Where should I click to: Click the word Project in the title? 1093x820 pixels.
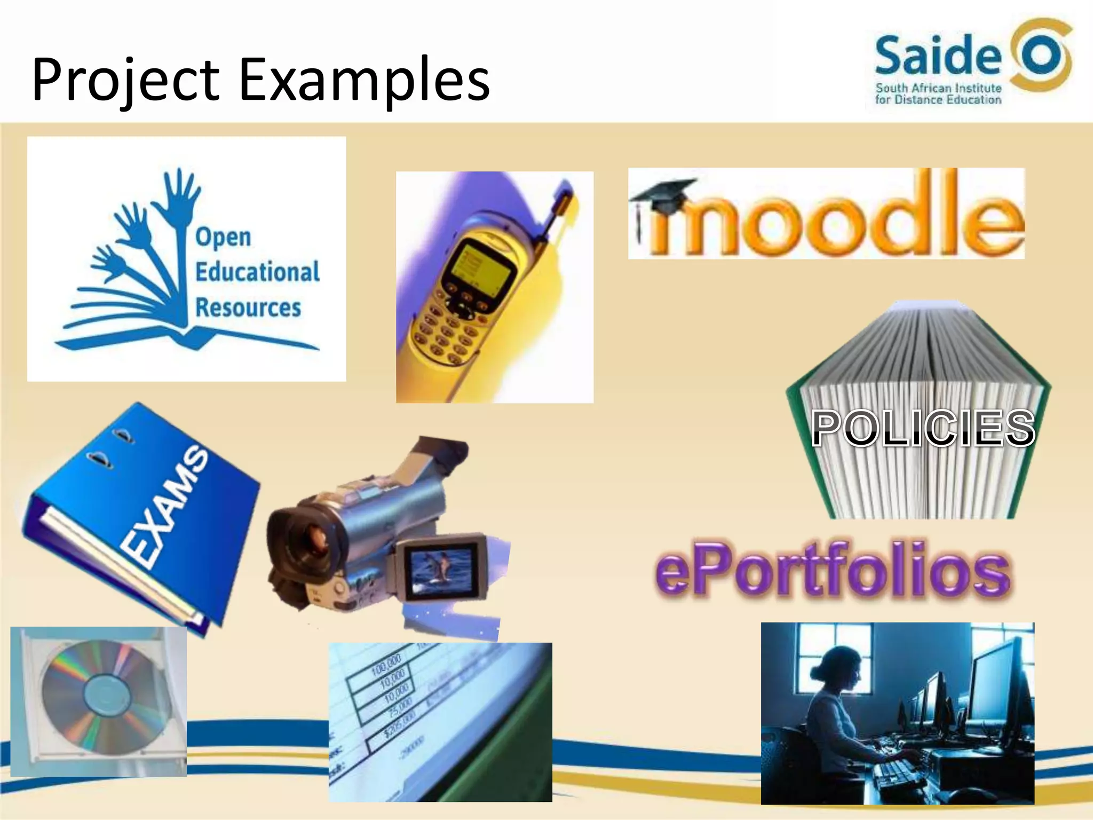(125, 80)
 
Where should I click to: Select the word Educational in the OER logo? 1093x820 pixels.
(257, 272)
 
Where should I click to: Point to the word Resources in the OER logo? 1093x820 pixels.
(248, 307)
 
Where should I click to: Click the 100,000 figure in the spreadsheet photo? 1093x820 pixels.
(386, 665)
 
